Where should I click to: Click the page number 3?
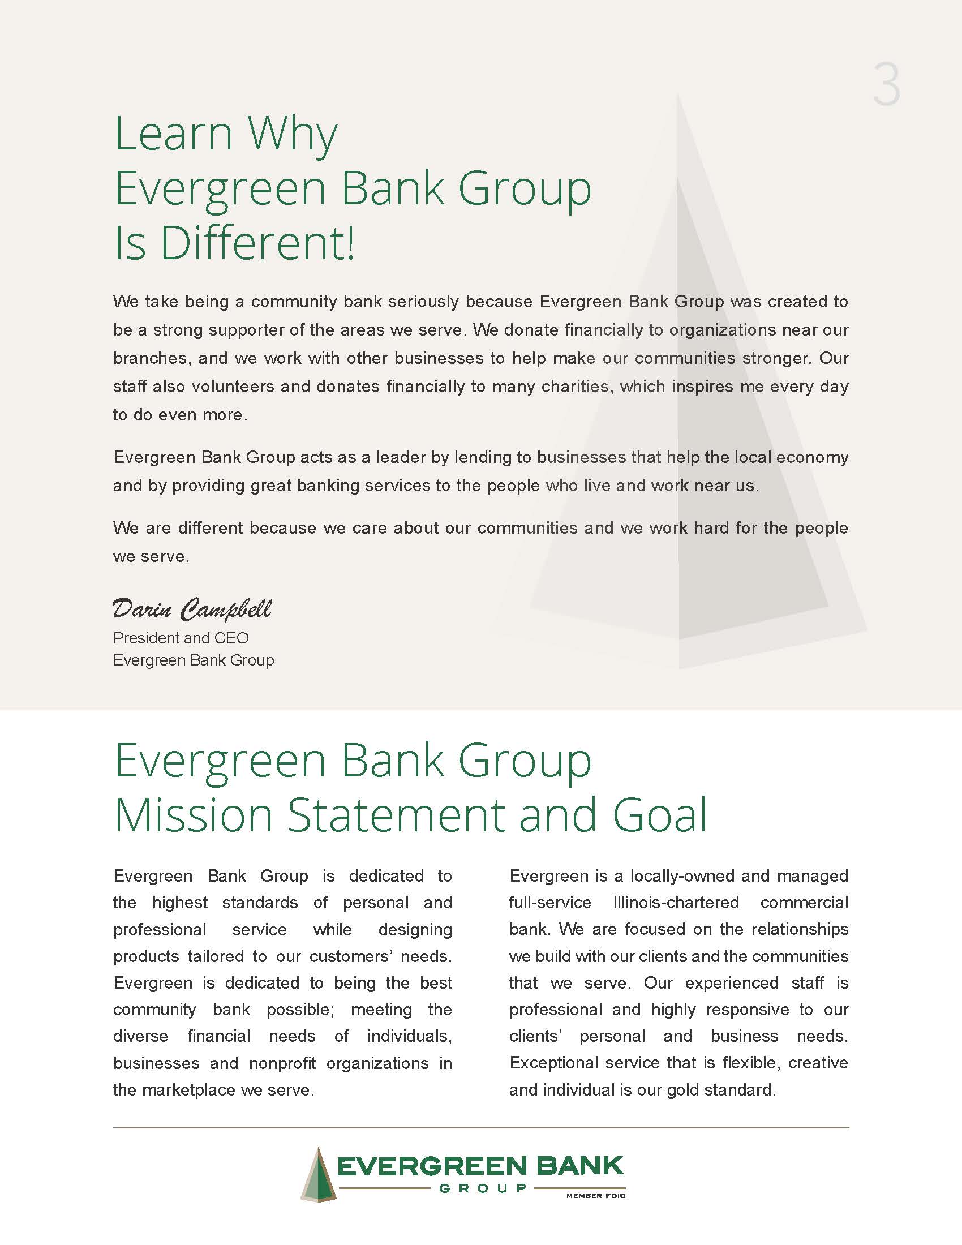tap(886, 85)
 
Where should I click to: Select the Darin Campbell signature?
tap(192, 609)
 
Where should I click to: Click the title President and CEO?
tap(181, 638)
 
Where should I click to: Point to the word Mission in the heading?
tap(193, 814)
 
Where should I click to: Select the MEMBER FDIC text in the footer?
tap(595, 1195)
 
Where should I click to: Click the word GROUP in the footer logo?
tap(483, 1188)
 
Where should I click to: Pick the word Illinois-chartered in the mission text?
tap(676, 903)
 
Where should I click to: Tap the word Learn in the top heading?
tap(174, 134)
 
